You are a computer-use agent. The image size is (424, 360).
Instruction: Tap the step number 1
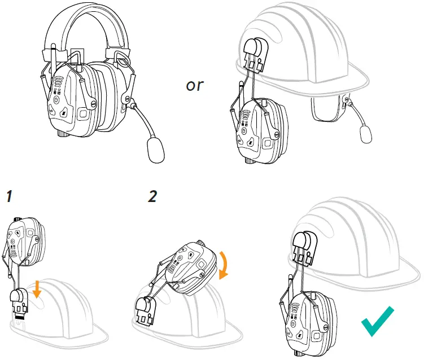click(x=10, y=197)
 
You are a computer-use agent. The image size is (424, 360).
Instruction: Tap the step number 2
click(x=152, y=196)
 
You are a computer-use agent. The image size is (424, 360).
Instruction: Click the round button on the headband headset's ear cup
click(x=56, y=101)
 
